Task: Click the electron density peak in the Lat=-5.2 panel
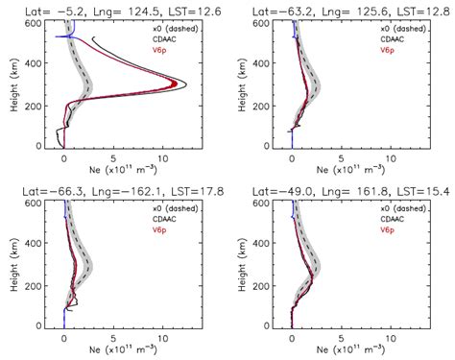tap(184, 85)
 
